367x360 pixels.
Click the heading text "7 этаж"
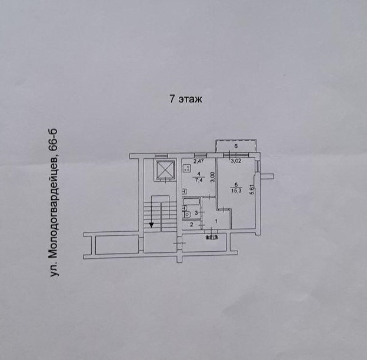tap(186, 99)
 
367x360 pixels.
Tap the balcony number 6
tap(236, 146)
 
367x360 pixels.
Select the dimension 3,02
tap(235, 161)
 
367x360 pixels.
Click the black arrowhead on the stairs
tap(152, 224)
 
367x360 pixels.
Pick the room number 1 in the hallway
tap(216, 221)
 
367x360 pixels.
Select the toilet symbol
tap(186, 214)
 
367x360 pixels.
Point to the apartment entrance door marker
tap(212, 237)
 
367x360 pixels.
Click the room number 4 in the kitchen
tap(199, 174)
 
